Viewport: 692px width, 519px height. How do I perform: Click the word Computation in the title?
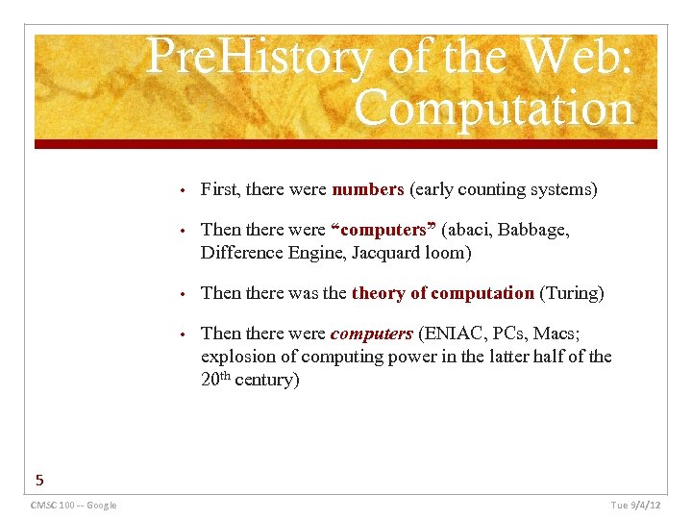click(494, 109)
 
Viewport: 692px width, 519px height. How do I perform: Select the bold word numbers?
click(368, 189)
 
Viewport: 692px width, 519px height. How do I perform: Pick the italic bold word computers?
click(371, 334)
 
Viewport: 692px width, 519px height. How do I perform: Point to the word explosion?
click(236, 357)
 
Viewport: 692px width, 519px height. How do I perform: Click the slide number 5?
click(39, 479)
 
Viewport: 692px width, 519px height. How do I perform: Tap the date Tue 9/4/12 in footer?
click(636, 506)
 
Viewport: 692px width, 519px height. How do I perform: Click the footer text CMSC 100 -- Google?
click(73, 506)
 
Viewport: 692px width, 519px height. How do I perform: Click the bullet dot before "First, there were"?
click(182, 190)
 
